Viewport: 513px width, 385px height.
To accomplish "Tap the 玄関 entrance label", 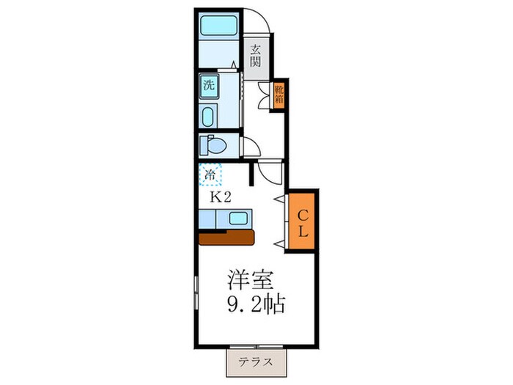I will (255, 58).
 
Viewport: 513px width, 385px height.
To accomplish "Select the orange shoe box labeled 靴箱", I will (279, 95).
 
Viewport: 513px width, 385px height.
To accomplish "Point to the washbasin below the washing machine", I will (207, 117).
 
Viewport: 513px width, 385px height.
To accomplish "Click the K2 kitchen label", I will (221, 197).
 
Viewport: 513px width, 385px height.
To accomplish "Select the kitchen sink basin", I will (238, 218).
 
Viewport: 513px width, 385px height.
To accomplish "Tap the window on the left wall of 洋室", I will (195, 293).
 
